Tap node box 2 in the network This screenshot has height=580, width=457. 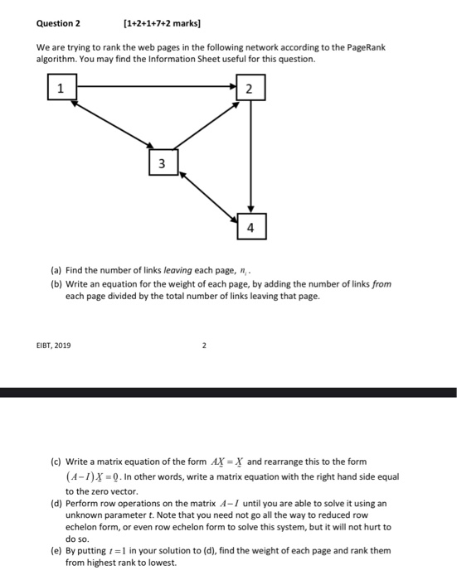tap(250, 89)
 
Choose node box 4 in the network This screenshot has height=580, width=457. tap(250, 225)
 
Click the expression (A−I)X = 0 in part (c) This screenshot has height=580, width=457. tap(98, 476)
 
